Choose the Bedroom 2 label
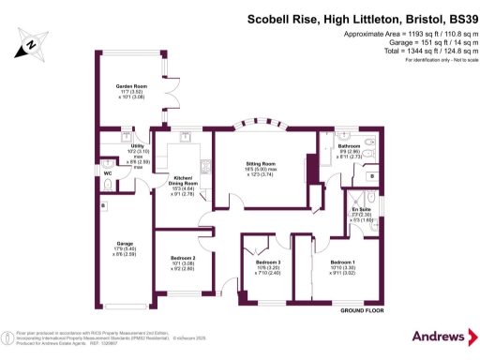click(x=183, y=258)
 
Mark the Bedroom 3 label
click(x=268, y=262)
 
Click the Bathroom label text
click(x=350, y=146)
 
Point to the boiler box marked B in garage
click(x=102, y=204)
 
